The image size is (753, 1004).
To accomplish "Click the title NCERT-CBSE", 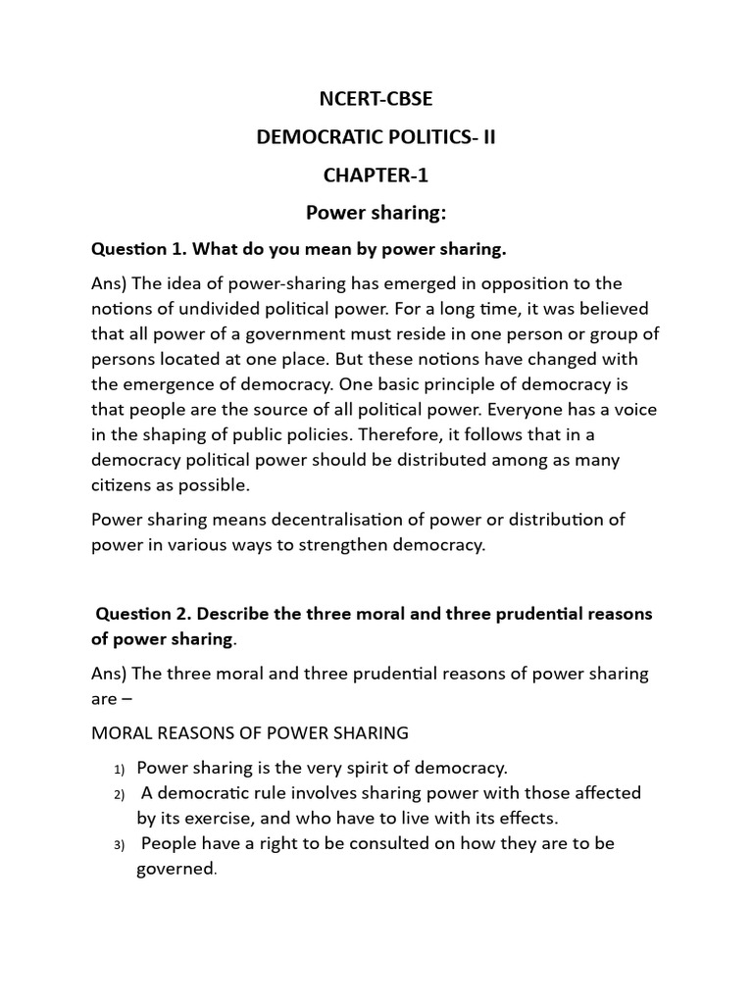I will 376,101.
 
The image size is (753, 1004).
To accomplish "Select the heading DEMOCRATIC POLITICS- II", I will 376,138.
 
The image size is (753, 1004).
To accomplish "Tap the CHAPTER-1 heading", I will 376,176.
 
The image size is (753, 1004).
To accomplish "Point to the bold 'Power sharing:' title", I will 376,214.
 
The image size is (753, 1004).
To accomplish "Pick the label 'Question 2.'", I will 137,614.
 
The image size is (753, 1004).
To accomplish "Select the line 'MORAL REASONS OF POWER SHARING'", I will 250,732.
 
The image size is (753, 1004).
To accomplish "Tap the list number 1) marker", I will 120,768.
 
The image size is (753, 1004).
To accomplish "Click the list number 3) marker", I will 120,844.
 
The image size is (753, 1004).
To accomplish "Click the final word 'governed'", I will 175,869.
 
